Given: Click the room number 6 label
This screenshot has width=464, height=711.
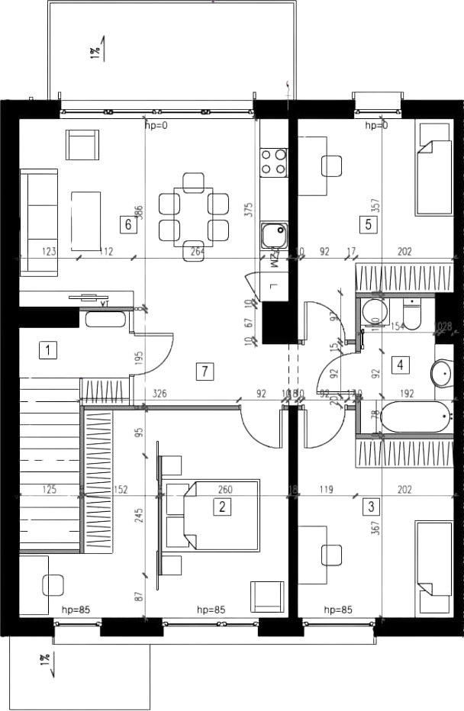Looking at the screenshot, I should pyautogui.click(x=128, y=224).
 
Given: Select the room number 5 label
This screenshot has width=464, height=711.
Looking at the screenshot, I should pyautogui.click(x=369, y=224).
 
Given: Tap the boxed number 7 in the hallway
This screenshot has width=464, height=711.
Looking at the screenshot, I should pyautogui.click(x=203, y=372).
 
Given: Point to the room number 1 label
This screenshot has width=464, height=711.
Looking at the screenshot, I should pyautogui.click(x=48, y=351).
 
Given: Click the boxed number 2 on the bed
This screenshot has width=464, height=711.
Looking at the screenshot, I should pyautogui.click(x=222, y=506).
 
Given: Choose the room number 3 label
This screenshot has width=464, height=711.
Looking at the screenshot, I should pyautogui.click(x=371, y=505).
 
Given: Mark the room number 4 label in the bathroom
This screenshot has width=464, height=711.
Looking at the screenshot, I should pyautogui.click(x=400, y=365).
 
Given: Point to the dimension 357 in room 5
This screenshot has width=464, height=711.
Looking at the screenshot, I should pyautogui.click(x=374, y=204).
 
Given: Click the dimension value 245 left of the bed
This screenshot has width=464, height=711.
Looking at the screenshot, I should pyautogui.click(x=139, y=516).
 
